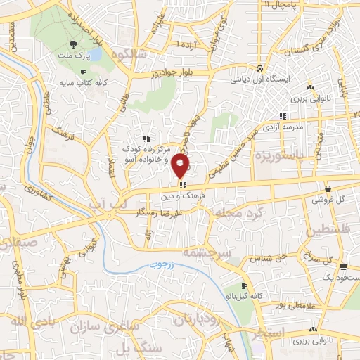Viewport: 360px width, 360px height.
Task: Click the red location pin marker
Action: click(181, 167)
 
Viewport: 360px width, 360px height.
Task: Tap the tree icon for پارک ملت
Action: click(84, 44)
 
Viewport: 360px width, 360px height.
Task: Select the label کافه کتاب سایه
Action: click(105, 82)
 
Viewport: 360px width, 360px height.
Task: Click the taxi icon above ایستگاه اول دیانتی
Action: click(260, 70)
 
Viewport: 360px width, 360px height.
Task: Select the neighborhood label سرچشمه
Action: click(201, 251)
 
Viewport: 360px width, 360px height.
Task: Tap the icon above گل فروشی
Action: click(328, 188)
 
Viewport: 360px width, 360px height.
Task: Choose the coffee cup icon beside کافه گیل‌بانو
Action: click(244, 287)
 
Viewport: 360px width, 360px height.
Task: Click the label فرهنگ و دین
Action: click(184, 197)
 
